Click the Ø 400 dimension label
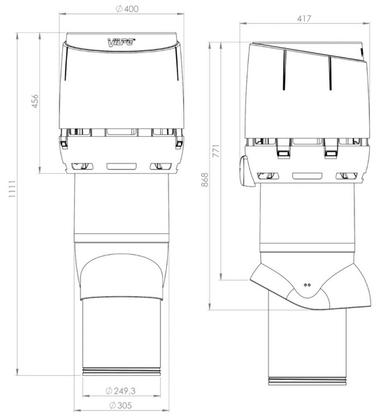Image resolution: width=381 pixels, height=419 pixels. pyautogui.click(x=127, y=9)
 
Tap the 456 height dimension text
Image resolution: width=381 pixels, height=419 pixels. pyautogui.click(x=35, y=101)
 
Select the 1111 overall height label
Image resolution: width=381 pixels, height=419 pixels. pyautogui.click(x=13, y=189)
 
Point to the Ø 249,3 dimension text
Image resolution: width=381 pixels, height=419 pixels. pyautogui.click(x=120, y=391)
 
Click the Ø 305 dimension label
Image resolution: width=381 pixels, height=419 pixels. pyautogui.click(x=120, y=405)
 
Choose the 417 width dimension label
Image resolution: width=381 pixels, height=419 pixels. pyautogui.click(x=304, y=19)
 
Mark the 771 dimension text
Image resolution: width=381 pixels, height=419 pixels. pyautogui.click(x=216, y=151)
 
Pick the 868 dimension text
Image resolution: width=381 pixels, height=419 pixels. pyautogui.click(x=205, y=179)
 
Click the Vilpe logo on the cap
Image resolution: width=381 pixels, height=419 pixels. pyautogui.click(x=121, y=42)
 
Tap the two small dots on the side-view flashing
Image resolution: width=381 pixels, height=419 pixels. pyautogui.click(x=308, y=285)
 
